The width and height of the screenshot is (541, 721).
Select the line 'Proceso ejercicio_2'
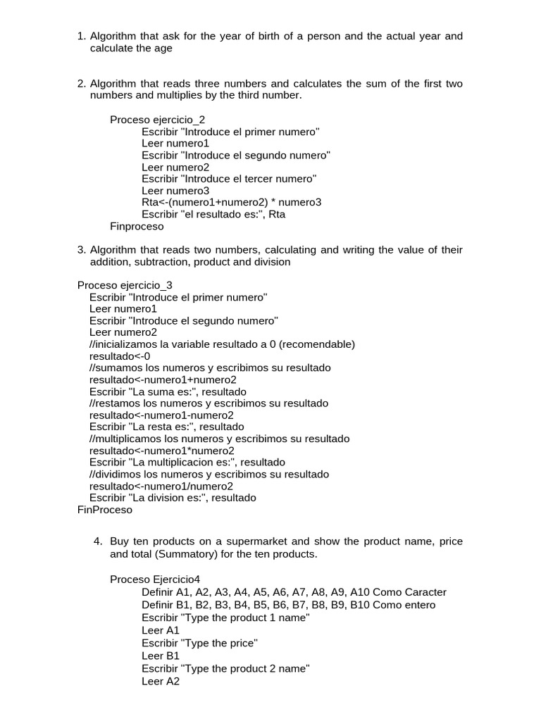[157, 120]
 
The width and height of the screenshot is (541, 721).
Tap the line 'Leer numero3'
[175, 191]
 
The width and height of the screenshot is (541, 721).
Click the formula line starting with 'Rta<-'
[231, 203]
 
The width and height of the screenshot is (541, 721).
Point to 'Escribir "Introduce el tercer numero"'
[229, 179]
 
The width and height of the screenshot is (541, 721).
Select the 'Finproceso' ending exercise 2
[137, 227]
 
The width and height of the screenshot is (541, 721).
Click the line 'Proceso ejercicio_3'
[125, 285]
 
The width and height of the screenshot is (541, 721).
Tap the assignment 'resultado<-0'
[120, 356]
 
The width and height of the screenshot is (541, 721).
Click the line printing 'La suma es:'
[168, 391]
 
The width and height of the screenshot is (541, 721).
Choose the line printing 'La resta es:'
[166, 427]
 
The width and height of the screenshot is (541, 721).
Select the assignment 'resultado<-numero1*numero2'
[162, 451]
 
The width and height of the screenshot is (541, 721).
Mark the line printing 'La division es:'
[173, 498]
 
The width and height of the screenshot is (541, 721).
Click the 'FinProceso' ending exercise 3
[104, 510]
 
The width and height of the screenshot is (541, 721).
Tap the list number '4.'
[98, 541]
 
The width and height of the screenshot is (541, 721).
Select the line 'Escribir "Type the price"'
[199, 643]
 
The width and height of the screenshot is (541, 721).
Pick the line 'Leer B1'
[161, 656]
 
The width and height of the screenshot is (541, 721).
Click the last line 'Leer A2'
[161, 682]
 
